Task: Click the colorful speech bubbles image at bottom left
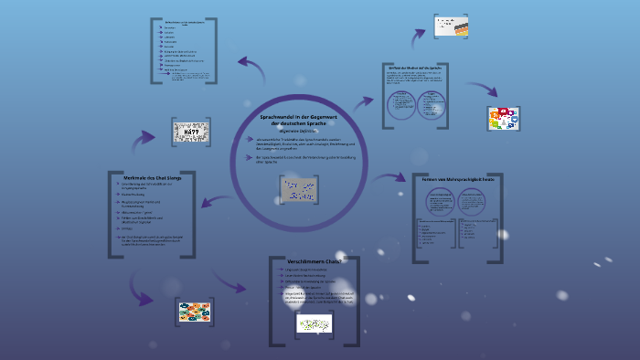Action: (195, 312)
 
